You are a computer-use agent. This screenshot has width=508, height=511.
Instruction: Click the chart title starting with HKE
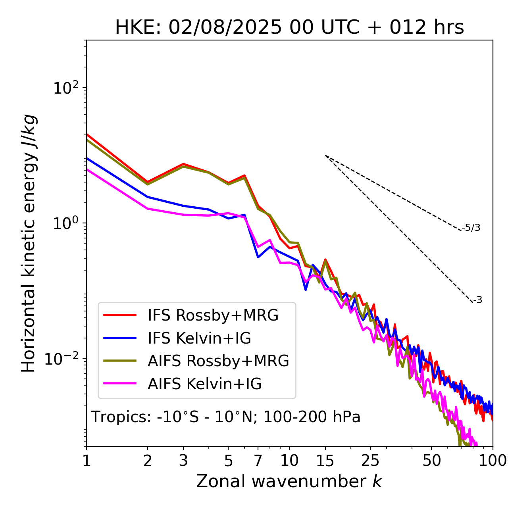tap(289, 27)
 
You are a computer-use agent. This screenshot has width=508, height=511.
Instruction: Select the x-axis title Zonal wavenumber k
tap(289, 481)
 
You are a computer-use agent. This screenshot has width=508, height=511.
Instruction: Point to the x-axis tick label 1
tap(87, 461)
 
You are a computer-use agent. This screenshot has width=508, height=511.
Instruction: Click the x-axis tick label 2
tap(148, 461)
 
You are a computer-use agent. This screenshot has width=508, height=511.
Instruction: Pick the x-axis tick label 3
tap(183, 461)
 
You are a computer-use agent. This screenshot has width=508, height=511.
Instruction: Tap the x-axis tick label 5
tap(228, 461)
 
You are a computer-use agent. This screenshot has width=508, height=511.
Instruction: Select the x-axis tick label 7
tap(258, 461)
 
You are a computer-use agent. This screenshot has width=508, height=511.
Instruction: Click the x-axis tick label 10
tap(289, 461)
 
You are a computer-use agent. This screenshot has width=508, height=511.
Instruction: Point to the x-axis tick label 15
tap(325, 461)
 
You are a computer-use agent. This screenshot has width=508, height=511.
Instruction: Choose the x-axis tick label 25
tap(370, 461)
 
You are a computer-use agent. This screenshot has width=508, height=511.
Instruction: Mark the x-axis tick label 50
tap(431, 461)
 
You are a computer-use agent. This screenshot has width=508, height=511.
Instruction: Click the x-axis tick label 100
tap(493, 461)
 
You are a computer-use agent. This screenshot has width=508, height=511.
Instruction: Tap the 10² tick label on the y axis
tap(65, 88)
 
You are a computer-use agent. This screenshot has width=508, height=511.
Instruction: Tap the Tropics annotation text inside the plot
tap(225, 417)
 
